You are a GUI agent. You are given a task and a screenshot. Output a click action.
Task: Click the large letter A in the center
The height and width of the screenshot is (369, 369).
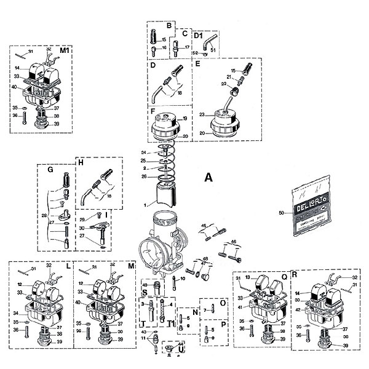click(x=208, y=178)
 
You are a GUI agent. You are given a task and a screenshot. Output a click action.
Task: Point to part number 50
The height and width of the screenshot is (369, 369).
click(x=281, y=212)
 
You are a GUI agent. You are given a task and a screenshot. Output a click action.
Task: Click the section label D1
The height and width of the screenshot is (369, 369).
click(x=199, y=36)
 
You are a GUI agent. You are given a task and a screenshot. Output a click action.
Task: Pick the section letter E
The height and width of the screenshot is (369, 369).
click(x=198, y=64)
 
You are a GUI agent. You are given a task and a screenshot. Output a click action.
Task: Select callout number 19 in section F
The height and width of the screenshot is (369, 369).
click(x=184, y=118)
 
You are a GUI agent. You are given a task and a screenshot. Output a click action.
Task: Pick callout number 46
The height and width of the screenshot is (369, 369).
click(x=234, y=242)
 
